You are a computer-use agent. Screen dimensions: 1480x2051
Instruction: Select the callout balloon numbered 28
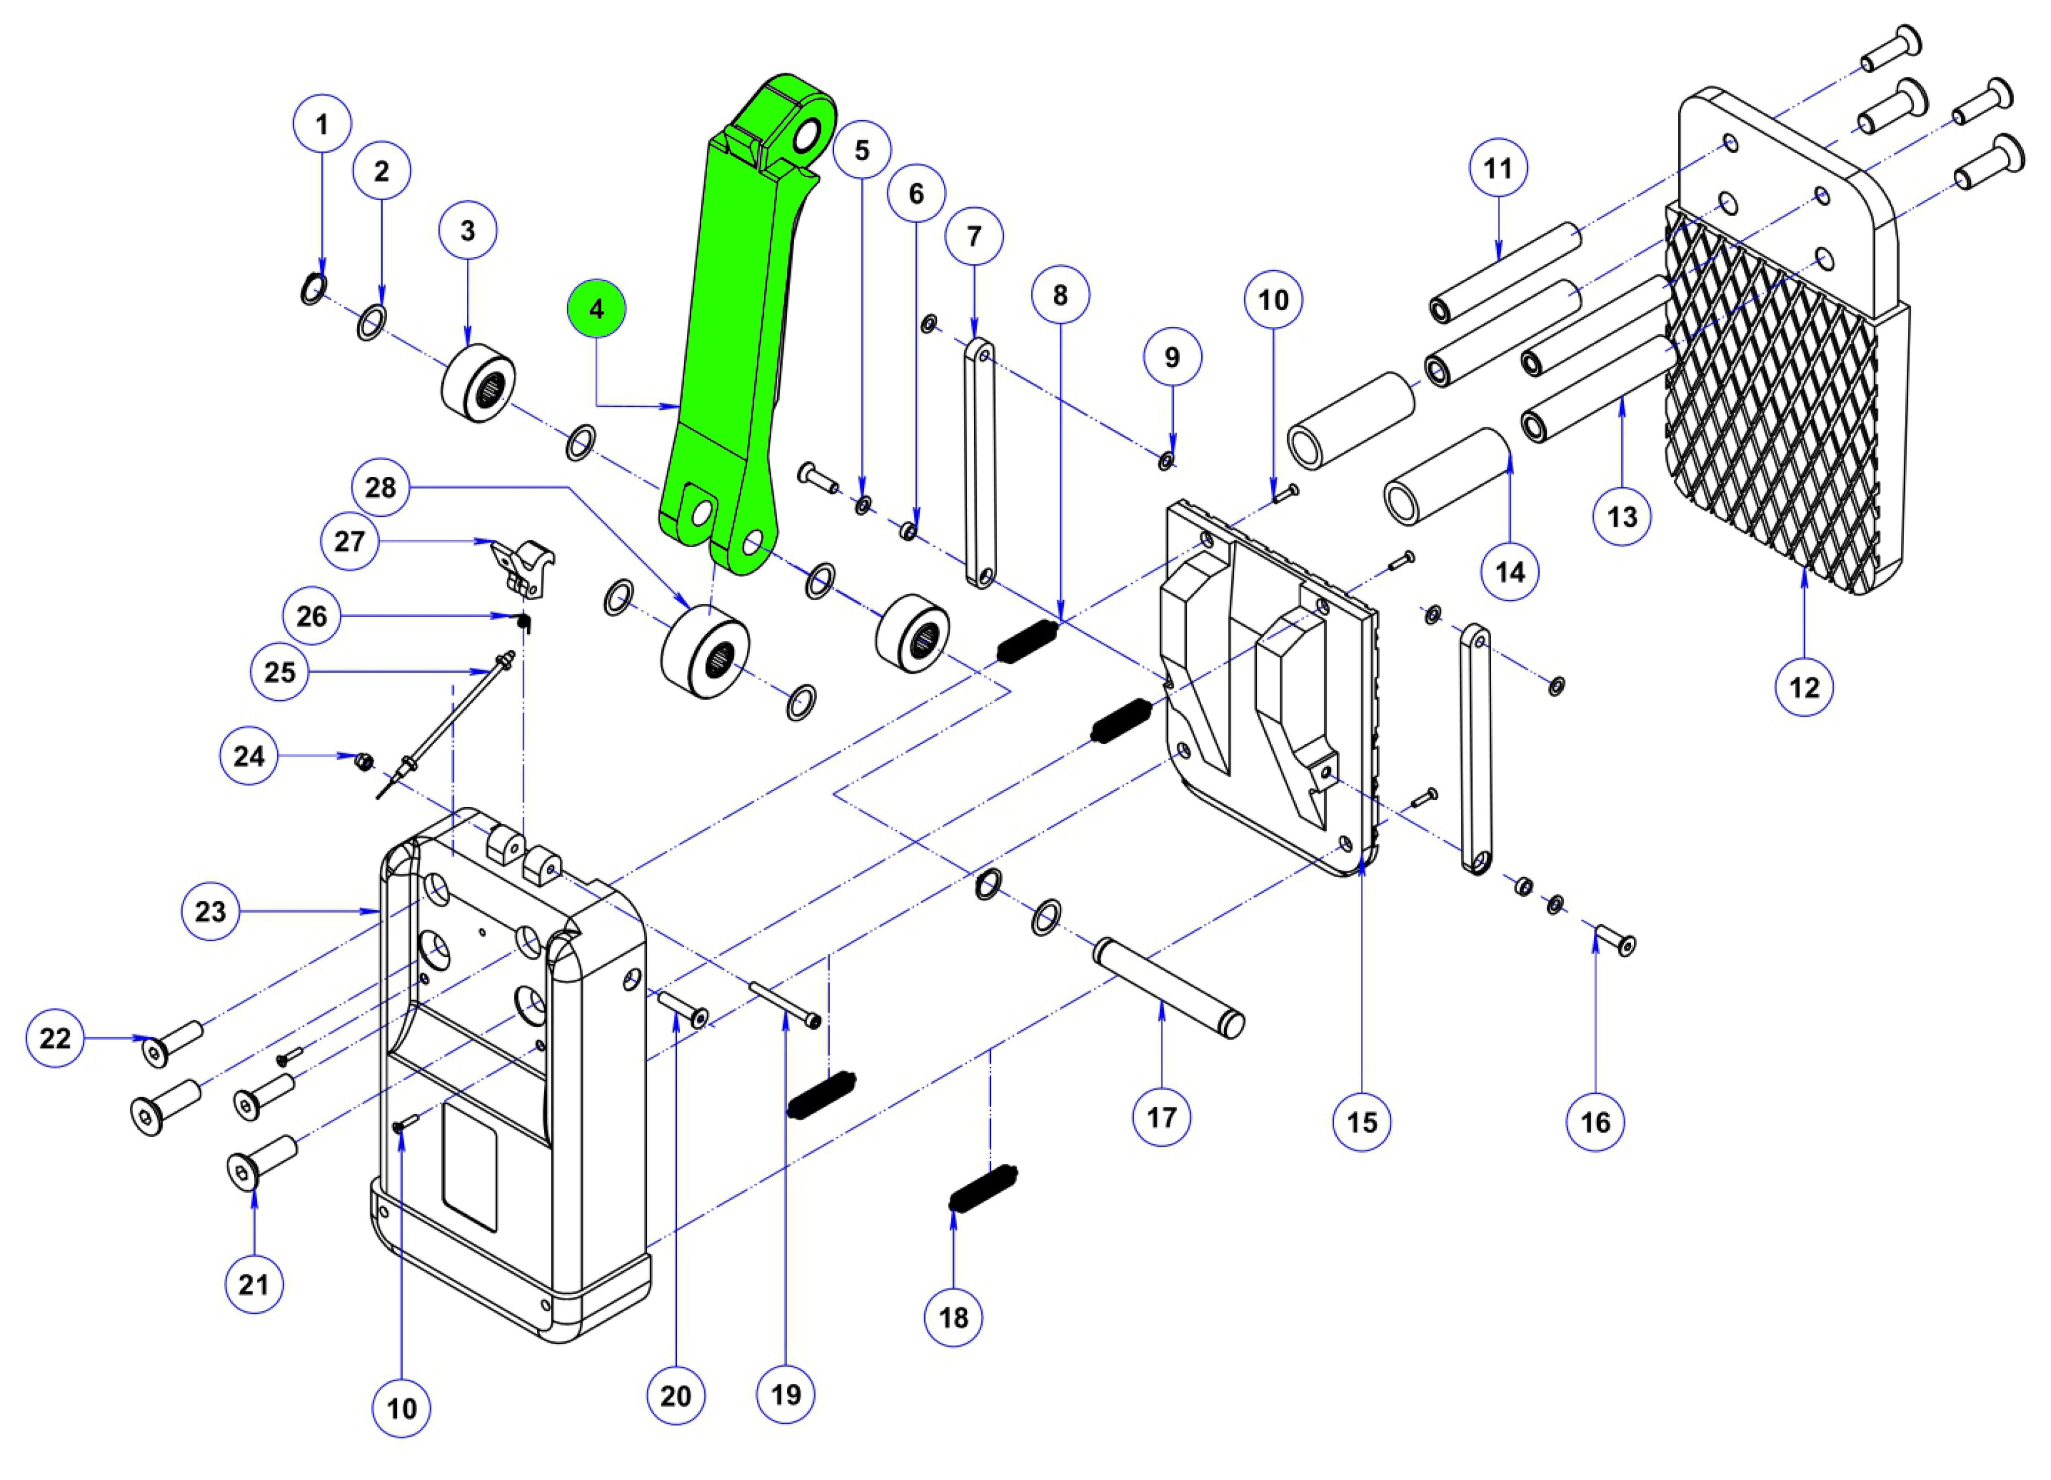coord(381,488)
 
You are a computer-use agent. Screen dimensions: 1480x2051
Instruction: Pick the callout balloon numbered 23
coord(210,911)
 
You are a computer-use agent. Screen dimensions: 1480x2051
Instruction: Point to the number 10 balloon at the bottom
coord(402,1408)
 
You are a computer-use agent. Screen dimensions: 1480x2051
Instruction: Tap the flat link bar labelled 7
coord(977,461)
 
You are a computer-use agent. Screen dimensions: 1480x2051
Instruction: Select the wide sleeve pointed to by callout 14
coord(1447,476)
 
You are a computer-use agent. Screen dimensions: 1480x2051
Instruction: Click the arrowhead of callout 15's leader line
coord(1363,870)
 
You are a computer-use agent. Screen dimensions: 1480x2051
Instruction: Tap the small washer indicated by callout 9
coord(1167,461)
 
